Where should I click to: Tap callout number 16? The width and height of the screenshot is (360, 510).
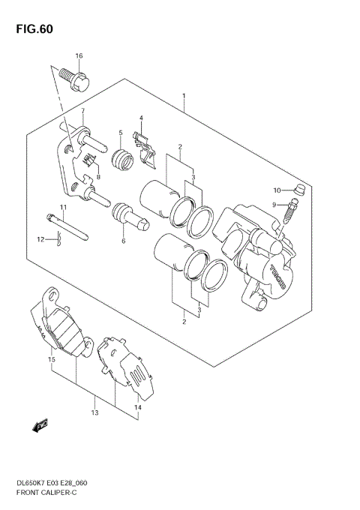(x=79, y=57)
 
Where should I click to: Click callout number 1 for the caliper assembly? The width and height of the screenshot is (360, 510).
(x=184, y=97)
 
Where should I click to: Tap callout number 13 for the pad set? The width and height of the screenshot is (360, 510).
(x=95, y=412)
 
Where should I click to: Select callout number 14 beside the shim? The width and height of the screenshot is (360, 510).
(x=137, y=407)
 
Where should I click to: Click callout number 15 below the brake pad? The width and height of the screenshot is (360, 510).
(x=52, y=361)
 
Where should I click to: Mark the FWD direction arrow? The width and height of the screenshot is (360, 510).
(x=39, y=427)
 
